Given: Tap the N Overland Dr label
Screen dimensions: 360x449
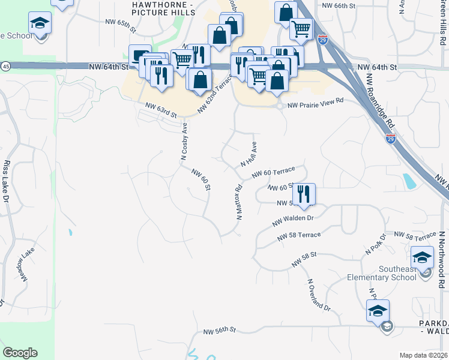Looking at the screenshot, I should tap(319, 295).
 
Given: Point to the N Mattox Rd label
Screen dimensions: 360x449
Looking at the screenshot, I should tap(238, 202).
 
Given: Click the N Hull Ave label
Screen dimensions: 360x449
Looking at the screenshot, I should tap(249, 155).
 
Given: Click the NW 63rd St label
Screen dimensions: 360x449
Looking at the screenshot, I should tap(161, 110).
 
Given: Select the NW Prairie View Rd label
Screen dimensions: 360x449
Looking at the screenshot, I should tap(315, 104).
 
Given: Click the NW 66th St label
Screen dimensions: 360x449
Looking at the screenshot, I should tap(339, 5).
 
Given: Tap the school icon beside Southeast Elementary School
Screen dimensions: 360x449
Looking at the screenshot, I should tap(423, 258).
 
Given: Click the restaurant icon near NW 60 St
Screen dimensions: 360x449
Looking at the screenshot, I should tap(304, 194).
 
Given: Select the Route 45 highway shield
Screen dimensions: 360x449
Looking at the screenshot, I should tap(5, 65).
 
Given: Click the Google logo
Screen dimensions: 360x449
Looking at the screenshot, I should tap(20, 353).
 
